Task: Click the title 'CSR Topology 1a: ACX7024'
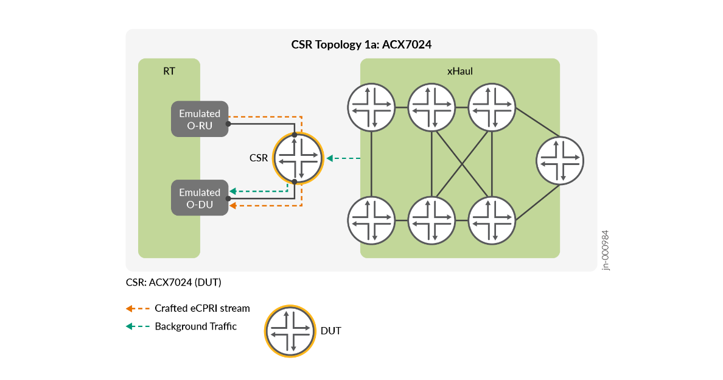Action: [361, 44]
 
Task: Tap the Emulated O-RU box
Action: [200, 119]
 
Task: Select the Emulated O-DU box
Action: [200, 198]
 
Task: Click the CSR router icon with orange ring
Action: [298, 158]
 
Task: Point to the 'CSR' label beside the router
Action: [259, 158]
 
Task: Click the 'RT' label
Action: [169, 71]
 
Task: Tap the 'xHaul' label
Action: [460, 71]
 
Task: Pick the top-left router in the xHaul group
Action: [371, 107]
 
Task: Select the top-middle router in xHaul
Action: [431, 107]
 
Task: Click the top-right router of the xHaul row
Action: [492, 107]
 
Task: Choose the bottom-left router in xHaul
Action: [371, 219]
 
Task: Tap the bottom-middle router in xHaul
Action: [431, 219]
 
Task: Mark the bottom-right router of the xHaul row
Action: [492, 219]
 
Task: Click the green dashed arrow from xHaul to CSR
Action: [344, 158]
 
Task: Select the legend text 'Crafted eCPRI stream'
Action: [202, 308]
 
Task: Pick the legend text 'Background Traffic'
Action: [195, 326]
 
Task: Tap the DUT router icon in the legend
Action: [290, 331]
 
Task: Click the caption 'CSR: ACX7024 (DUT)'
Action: [173, 283]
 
